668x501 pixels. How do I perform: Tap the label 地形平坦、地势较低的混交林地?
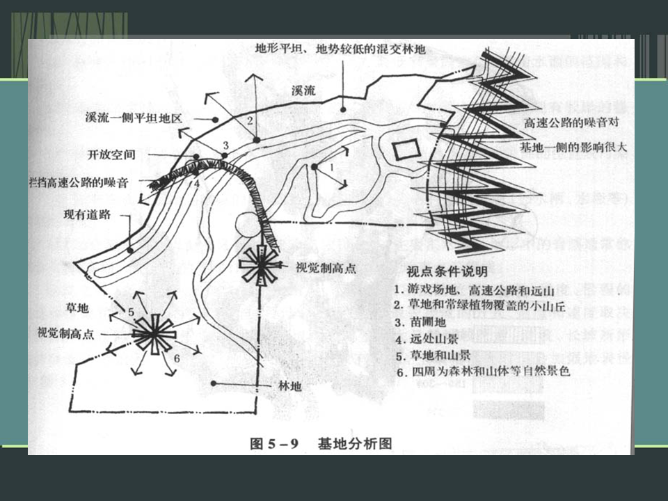340,49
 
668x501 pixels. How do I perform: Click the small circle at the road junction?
246,225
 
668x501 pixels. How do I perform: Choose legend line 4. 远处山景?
428,340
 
